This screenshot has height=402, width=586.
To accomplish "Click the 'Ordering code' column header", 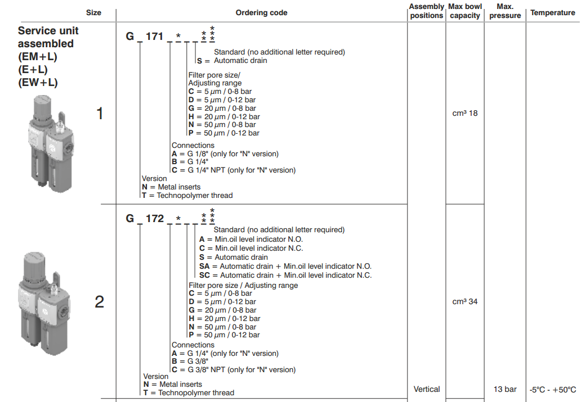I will [261, 12].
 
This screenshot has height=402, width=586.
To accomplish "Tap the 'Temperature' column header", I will [553, 12].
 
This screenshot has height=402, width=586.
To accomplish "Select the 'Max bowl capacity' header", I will [465, 11].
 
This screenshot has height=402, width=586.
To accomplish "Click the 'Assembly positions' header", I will [427, 11].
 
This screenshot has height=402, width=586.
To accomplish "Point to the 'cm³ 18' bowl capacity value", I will [465, 113].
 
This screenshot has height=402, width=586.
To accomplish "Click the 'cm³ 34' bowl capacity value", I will [465, 302].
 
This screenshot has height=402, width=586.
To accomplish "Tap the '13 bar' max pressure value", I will [504, 389].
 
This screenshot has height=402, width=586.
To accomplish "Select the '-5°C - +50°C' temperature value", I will [553, 390].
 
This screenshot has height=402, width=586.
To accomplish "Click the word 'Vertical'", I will [427, 389].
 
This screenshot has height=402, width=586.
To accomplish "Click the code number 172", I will [155, 218].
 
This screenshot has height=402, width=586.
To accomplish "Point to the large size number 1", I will [100, 114].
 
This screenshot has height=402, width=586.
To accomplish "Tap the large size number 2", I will [100, 302].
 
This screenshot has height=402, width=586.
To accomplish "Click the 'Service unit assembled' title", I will [48, 37].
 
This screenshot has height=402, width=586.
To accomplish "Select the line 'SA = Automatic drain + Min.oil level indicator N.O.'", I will [285, 267].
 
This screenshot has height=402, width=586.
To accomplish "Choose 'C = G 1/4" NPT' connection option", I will [234, 170].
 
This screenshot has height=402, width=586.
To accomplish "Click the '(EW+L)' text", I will [38, 83].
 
